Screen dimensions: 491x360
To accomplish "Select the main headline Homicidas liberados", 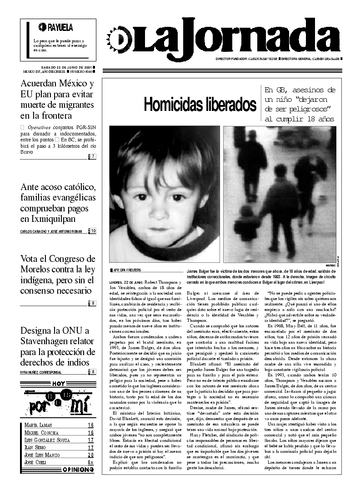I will coord(200,104).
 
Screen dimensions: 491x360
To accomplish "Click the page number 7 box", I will coord(93,157).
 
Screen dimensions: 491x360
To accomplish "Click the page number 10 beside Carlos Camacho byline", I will coord(93,231).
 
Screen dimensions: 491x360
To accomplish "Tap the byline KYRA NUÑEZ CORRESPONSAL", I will coord(41,372).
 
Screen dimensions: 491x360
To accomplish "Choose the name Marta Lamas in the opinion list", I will coord(35,425).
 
